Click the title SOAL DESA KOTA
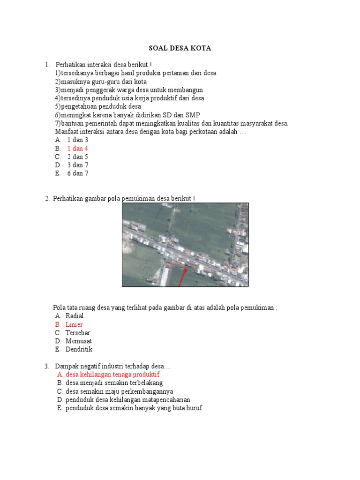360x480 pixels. [x=180, y=48]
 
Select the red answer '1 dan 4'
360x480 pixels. [x=77, y=149]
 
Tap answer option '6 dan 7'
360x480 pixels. [x=77, y=173]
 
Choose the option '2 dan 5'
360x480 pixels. [x=77, y=157]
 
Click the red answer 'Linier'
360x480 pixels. [x=74, y=324]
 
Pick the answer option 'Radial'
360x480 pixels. [x=75, y=316]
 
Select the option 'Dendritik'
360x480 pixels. [x=79, y=349]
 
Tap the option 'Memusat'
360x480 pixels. [x=79, y=341]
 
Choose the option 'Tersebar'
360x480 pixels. [x=78, y=333]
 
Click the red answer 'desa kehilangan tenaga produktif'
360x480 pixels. [x=112, y=375]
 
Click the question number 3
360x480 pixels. [x=47, y=366]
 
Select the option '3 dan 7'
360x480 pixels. [x=77, y=165]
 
